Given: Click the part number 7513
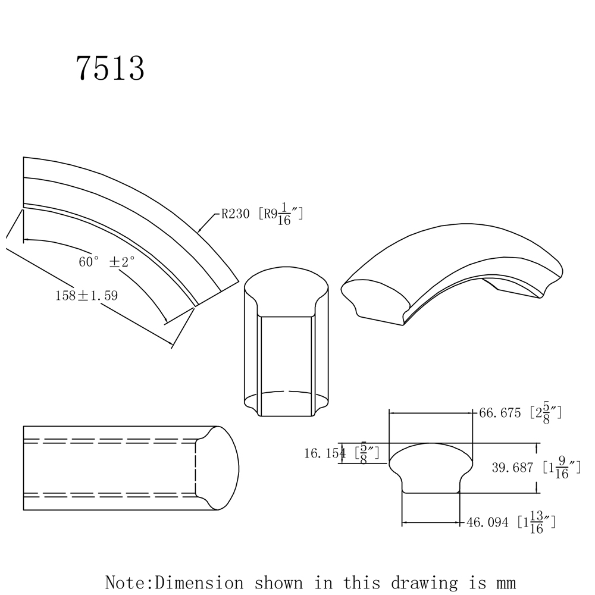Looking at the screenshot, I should coord(110,69).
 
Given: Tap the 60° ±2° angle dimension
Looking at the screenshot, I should coord(107,262).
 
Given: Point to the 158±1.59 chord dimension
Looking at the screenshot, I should coord(86,295).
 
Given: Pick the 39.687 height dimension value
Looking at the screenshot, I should coord(512,468).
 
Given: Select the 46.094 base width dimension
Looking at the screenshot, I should coord(488,522).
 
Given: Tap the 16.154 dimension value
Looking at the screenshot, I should coord(324,453).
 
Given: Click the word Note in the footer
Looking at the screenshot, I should coord(126,581).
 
